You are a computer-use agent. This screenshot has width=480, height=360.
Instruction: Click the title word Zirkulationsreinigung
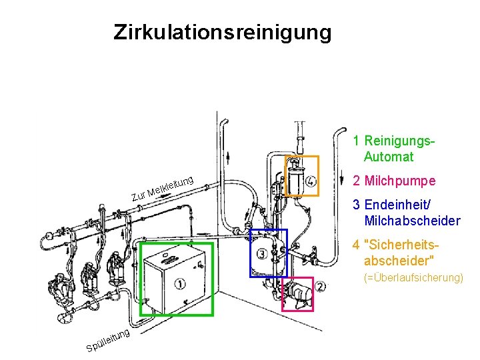coord(222,32)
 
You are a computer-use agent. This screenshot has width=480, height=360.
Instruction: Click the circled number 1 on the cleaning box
coord(180,285)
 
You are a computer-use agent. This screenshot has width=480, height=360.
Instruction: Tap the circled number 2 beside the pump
coord(320,287)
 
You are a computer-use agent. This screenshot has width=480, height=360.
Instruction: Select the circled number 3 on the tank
coord(261,254)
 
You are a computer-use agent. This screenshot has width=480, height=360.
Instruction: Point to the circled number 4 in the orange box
coord(311,181)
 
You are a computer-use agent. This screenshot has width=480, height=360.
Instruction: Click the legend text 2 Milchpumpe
coord(395,181)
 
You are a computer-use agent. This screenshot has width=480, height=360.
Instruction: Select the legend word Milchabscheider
coord(412,221)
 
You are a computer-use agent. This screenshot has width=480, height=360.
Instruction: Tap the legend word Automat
coord(389,157)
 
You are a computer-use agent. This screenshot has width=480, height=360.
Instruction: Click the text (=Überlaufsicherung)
coord(413,277)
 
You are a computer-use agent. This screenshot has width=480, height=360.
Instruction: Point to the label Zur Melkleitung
coord(162,187)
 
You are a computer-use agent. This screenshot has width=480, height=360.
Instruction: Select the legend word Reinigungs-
coord(399,141)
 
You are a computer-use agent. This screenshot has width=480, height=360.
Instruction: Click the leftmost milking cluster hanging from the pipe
coord(63,287)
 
